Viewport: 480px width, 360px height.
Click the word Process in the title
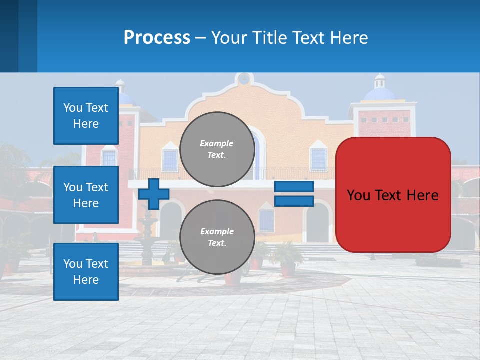(157, 38)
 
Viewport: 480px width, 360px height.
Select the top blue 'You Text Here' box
(86, 116)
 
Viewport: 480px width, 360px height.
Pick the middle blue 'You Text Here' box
(86, 195)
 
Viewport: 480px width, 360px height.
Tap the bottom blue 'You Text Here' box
(86, 272)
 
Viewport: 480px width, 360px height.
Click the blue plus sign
(154, 194)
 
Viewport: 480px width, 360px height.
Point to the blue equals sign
(294, 194)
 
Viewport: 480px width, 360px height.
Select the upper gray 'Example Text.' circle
(217, 149)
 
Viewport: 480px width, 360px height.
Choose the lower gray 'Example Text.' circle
(217, 237)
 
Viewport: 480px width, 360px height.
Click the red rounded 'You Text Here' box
(393, 195)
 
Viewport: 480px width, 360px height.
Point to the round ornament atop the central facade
(243, 79)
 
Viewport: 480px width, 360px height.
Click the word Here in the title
(350, 38)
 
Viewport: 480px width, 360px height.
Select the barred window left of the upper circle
(170, 159)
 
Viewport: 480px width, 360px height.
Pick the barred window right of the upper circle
(318, 159)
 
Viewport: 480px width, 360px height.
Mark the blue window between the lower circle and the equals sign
(266, 220)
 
